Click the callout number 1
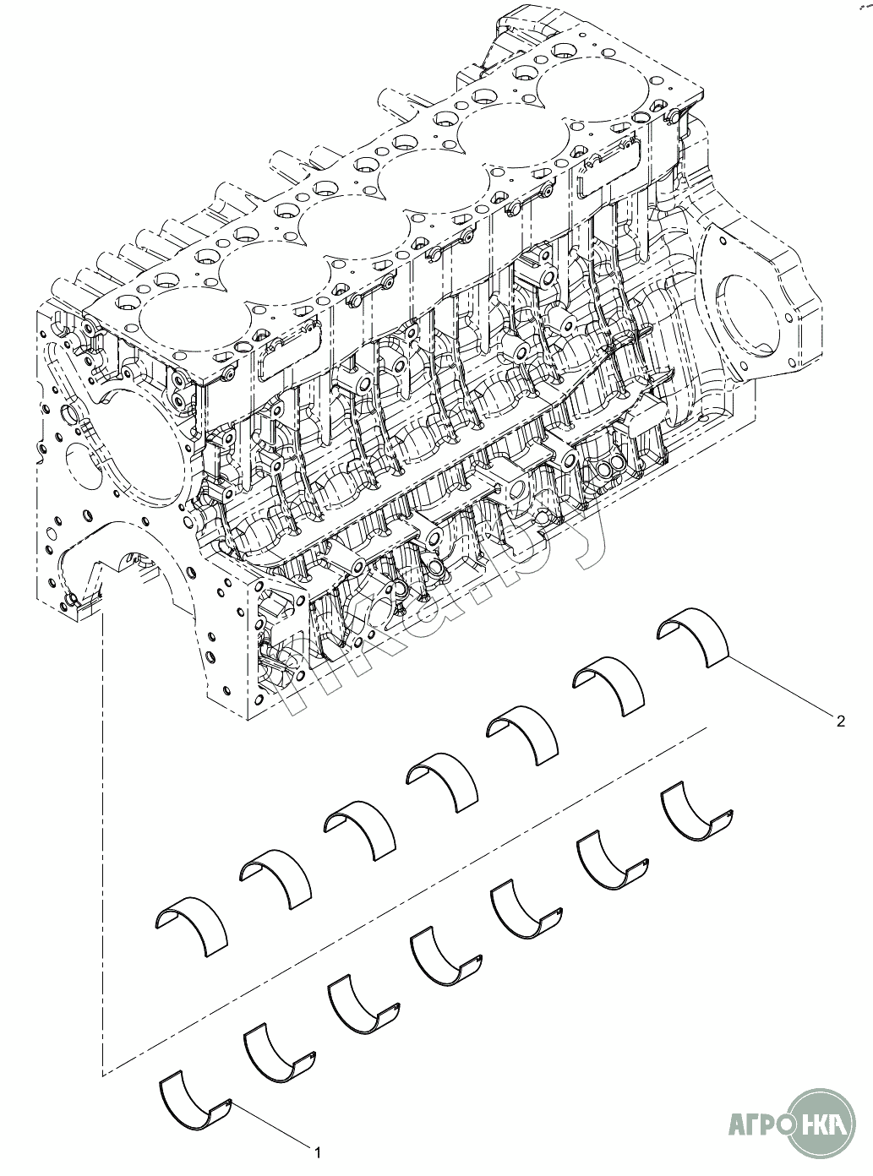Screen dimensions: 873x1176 point(318,1148)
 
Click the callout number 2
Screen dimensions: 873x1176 point(840,721)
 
